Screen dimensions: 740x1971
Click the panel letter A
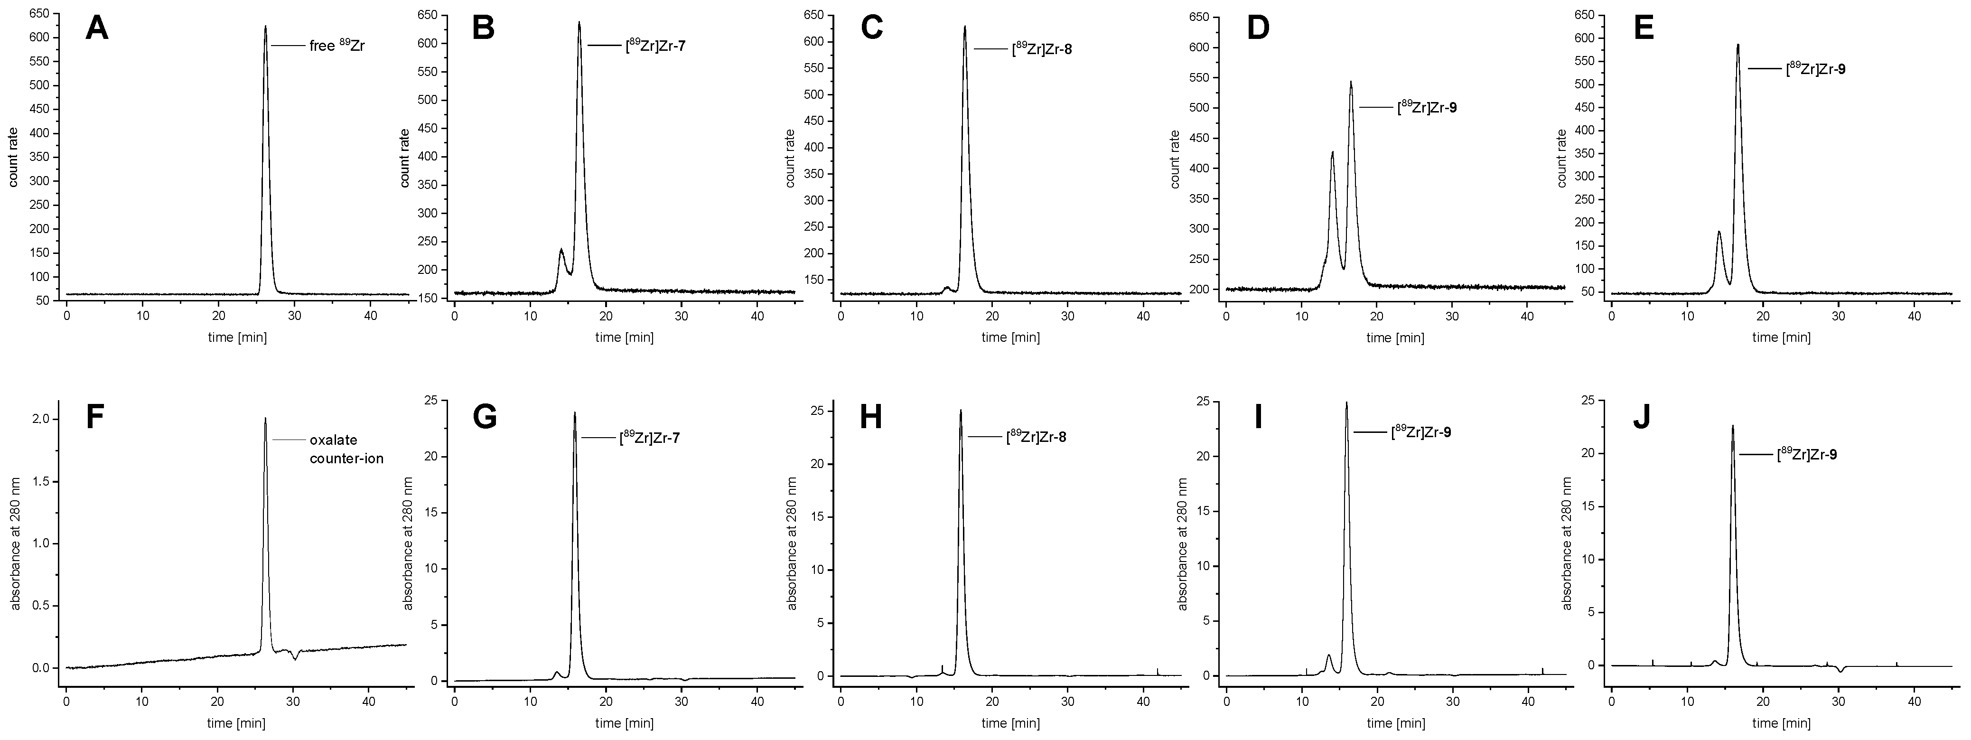(x=97, y=28)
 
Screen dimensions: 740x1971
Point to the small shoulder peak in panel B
(x=561, y=250)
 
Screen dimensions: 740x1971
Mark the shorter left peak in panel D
(x=1332, y=152)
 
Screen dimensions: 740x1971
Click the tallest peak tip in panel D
(x=1351, y=82)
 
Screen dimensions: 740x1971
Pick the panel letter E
(x=1644, y=28)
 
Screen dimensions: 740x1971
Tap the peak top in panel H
(x=961, y=411)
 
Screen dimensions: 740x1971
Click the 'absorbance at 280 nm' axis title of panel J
(x=1566, y=544)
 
